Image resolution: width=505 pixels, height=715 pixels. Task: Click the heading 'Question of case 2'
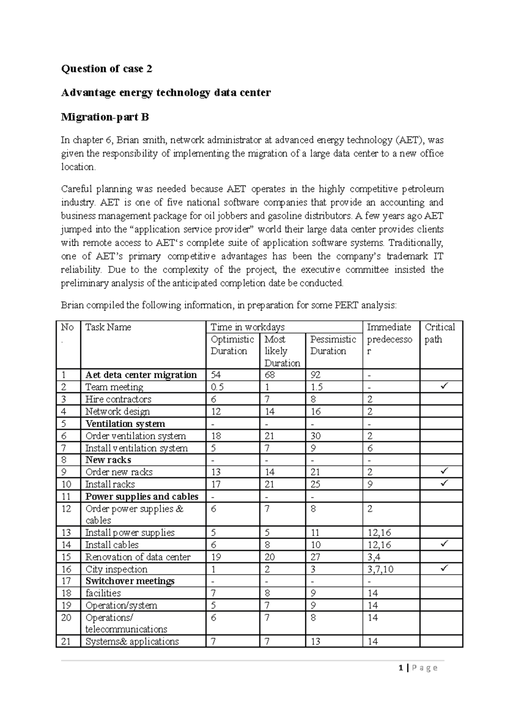point(106,69)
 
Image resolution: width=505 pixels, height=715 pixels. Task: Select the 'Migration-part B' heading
point(105,117)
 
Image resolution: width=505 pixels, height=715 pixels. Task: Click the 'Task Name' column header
point(108,327)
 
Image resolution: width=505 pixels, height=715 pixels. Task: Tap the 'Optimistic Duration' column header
point(232,345)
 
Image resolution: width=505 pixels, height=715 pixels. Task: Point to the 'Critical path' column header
point(440,333)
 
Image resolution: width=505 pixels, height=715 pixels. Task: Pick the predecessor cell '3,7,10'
point(380,569)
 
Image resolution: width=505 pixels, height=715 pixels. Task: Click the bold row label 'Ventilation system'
point(125,424)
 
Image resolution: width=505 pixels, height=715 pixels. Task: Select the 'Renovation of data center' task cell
point(138,557)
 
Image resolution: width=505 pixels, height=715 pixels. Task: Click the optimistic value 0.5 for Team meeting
point(217,387)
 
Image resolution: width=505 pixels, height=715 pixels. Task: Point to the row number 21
point(66,641)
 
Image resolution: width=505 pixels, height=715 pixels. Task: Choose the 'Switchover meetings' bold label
point(130,581)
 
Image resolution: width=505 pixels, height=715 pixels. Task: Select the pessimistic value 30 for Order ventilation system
point(315,436)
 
